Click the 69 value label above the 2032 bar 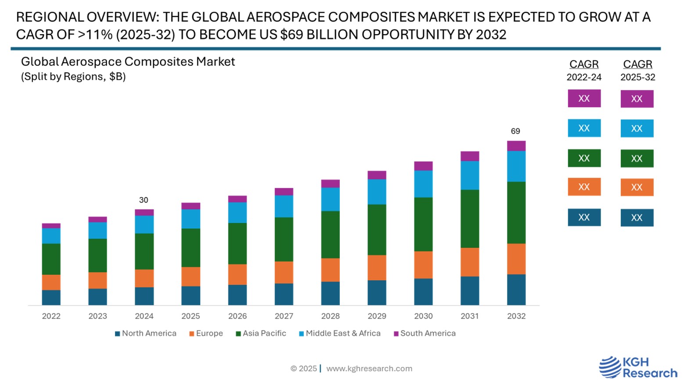coord(515,131)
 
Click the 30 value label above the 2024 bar coord(144,200)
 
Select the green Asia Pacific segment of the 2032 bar coord(516,213)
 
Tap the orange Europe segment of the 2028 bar coord(330,270)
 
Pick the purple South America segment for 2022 coord(51,226)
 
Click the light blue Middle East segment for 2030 coord(423,184)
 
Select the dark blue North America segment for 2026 coord(237,295)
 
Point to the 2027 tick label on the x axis coord(284,316)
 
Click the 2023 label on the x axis coord(97,316)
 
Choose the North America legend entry coord(146,333)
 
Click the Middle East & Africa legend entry coord(340,333)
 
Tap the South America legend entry coord(425,333)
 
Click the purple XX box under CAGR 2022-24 coord(584,98)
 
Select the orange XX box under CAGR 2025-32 coord(637,187)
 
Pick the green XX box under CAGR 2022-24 coord(584,158)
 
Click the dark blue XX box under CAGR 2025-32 coord(637,217)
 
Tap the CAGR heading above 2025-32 coord(637,64)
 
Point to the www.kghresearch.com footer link coord(369,368)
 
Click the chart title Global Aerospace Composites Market coord(128,62)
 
